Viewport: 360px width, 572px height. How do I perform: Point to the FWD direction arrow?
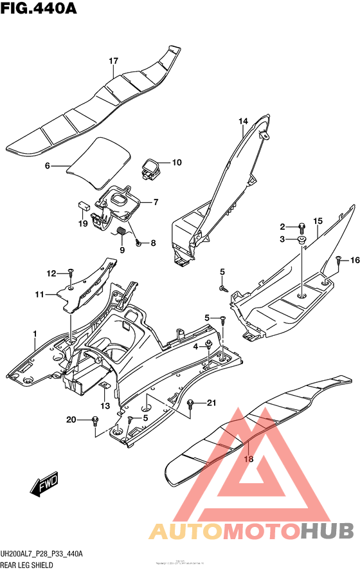[x=43, y=486]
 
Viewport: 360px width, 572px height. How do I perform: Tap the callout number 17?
[x=113, y=61]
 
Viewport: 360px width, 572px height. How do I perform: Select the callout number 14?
[x=244, y=121]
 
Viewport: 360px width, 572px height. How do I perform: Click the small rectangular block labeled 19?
[x=83, y=206]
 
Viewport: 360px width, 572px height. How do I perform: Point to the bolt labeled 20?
[x=94, y=421]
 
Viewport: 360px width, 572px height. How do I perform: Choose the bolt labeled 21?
[x=190, y=403]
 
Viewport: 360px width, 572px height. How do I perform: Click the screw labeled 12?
[x=70, y=273]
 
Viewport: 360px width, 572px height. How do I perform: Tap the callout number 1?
[x=35, y=333]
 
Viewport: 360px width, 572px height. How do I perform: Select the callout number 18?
[x=247, y=459]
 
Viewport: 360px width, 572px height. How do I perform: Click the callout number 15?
[x=318, y=222]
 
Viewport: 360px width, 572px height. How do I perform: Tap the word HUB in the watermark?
[x=327, y=531]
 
